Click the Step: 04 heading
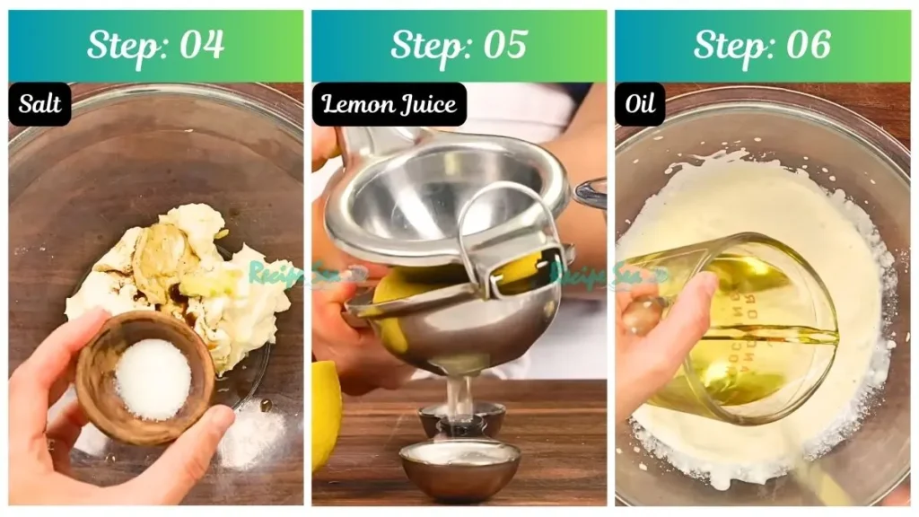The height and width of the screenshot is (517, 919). (x=155, y=45)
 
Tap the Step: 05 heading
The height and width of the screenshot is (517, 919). (x=459, y=45)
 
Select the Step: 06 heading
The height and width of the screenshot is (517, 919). (x=762, y=45)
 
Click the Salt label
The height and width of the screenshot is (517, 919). (x=40, y=104)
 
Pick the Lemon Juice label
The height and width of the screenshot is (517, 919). (x=389, y=104)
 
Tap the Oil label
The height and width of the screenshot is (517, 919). (x=640, y=104)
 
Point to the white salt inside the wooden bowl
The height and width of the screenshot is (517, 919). (x=153, y=379)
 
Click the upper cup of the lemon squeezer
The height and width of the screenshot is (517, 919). (x=440, y=193)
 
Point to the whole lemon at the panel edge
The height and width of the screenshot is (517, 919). (x=325, y=413)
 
